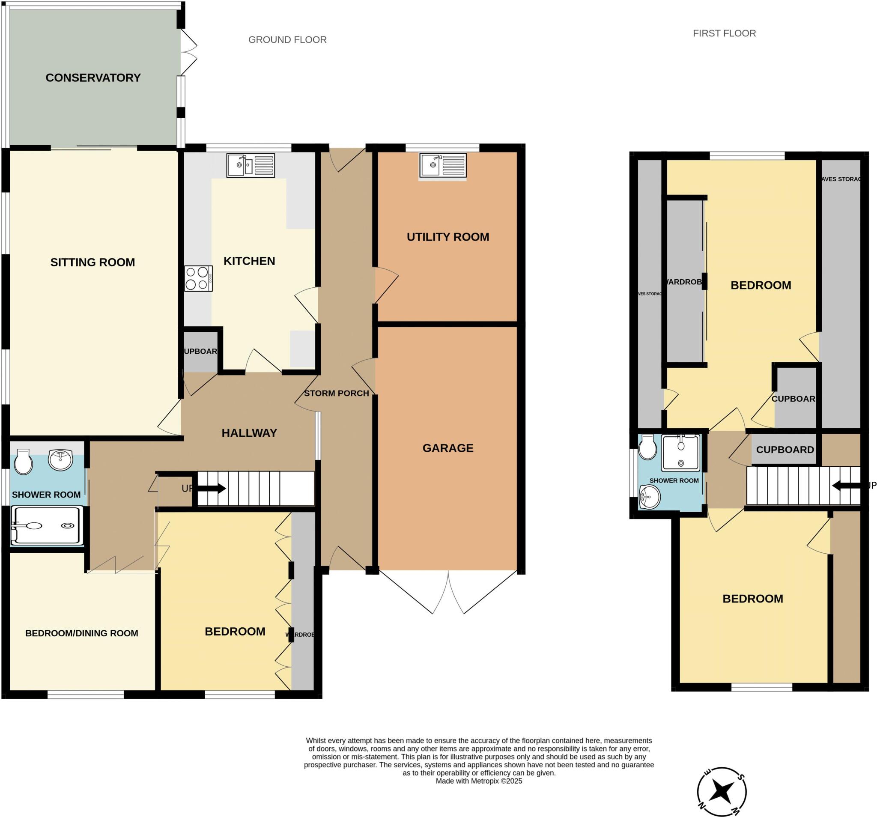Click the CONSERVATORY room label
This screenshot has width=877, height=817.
click(x=93, y=78)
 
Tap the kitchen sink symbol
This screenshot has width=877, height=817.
click(x=251, y=165)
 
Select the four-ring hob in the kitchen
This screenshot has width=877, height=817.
click(x=199, y=278)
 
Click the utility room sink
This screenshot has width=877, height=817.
click(x=443, y=165)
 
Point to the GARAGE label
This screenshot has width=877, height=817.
click(x=448, y=448)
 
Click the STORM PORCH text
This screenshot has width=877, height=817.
click(x=336, y=393)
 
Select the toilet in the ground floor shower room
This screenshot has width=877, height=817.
click(x=23, y=462)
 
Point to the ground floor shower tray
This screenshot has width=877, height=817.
click(x=47, y=525)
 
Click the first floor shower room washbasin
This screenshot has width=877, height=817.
click(x=649, y=497)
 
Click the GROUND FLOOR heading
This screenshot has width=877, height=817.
click(x=287, y=40)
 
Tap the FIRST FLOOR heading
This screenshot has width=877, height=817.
click(x=724, y=33)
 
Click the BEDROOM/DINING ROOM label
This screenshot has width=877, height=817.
click(x=82, y=633)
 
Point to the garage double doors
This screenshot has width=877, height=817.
click(x=448, y=591)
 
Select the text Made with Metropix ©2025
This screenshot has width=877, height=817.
click(x=479, y=781)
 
